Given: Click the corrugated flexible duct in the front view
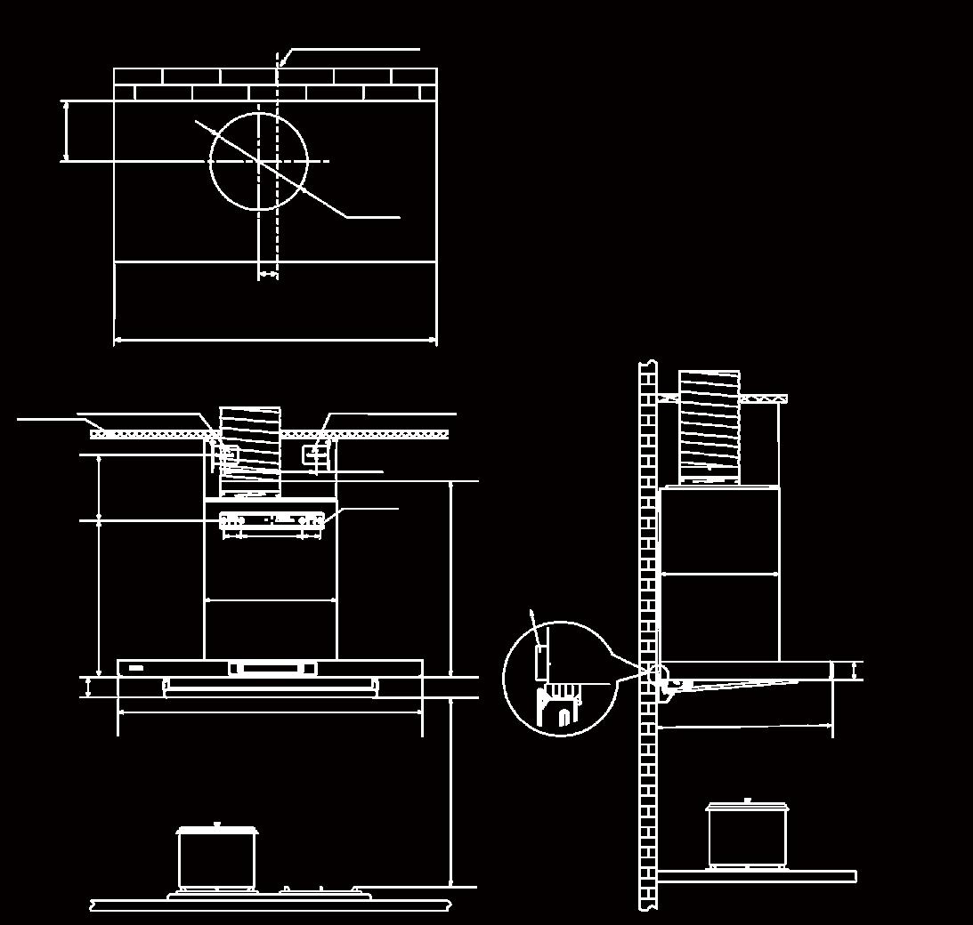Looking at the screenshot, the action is point(250,450).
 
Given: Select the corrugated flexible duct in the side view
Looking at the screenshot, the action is point(709,428).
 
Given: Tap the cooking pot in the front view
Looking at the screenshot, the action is point(218,858).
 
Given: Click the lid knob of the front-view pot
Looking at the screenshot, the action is point(217,825).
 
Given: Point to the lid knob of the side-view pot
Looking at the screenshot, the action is point(747,800).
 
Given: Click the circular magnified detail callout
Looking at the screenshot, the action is point(560,679).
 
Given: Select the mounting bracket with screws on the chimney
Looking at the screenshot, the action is point(272,522).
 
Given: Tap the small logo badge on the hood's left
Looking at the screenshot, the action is point(135,666).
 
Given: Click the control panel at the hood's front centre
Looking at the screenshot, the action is point(272,669).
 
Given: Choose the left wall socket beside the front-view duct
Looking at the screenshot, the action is point(226,454).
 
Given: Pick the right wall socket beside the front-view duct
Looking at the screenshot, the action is point(315,454).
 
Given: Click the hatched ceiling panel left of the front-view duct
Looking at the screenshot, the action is point(151,434).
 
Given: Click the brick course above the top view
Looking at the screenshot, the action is point(275,84).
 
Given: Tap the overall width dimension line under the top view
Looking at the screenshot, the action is point(275,339).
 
